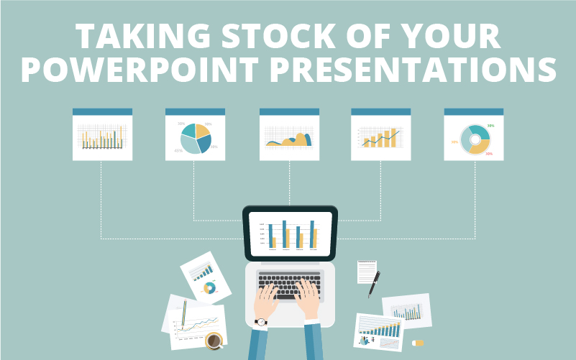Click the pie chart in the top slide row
point(196,138)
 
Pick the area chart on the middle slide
point(289,138)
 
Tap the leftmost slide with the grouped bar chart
point(102,137)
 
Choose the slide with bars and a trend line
point(381,137)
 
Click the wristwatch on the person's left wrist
point(261,322)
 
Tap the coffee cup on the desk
point(214,340)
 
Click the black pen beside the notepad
point(375,283)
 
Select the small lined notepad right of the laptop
point(367,272)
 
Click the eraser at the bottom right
point(418,343)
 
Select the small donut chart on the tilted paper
point(210,288)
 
